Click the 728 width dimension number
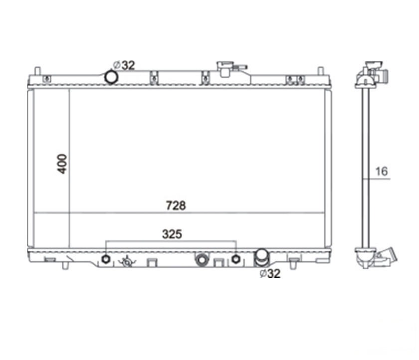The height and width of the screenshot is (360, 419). (176, 205)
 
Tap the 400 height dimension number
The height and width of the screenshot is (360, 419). (62, 164)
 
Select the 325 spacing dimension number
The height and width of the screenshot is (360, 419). (172, 234)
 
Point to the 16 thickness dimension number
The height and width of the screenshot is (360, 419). (381, 172)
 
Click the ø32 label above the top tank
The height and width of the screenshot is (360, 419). (124, 65)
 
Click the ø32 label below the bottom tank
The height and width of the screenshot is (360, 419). (270, 273)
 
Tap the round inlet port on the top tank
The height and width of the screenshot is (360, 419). (111, 77)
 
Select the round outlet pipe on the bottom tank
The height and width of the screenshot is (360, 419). (262, 257)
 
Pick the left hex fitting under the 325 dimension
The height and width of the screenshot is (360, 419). (106, 259)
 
